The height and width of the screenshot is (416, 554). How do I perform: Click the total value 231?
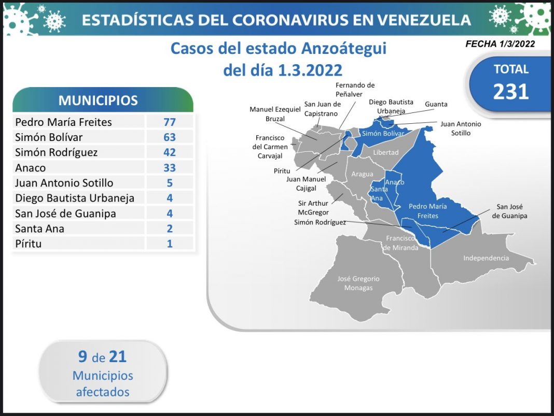click(510, 91)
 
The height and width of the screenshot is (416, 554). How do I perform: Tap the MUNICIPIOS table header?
click(98, 100)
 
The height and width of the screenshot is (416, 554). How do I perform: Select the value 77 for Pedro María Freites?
click(169, 122)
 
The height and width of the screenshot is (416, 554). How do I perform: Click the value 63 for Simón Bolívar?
click(169, 137)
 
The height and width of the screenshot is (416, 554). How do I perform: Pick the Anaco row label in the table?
click(31, 168)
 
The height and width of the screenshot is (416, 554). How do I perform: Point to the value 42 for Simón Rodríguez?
click(169, 152)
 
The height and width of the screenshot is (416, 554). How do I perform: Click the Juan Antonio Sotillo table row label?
click(64, 183)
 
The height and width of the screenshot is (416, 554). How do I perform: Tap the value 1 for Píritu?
click(169, 243)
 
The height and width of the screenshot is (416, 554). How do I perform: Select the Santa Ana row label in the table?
click(40, 228)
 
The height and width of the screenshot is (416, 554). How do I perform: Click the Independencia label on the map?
click(486, 258)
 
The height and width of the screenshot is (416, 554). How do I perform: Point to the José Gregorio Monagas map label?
click(358, 283)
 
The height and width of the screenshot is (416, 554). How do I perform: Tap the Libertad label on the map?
click(386, 152)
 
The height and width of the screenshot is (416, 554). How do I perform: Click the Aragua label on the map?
click(362, 174)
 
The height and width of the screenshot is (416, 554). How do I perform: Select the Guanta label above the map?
click(436, 104)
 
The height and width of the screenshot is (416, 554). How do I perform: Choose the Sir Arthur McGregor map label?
click(313, 207)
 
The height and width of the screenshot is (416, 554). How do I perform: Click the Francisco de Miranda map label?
click(400, 243)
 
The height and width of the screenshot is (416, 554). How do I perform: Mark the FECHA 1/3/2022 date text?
click(500, 44)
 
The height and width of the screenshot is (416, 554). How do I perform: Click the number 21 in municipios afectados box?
click(118, 356)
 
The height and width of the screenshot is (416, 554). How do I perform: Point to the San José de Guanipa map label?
click(509, 212)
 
